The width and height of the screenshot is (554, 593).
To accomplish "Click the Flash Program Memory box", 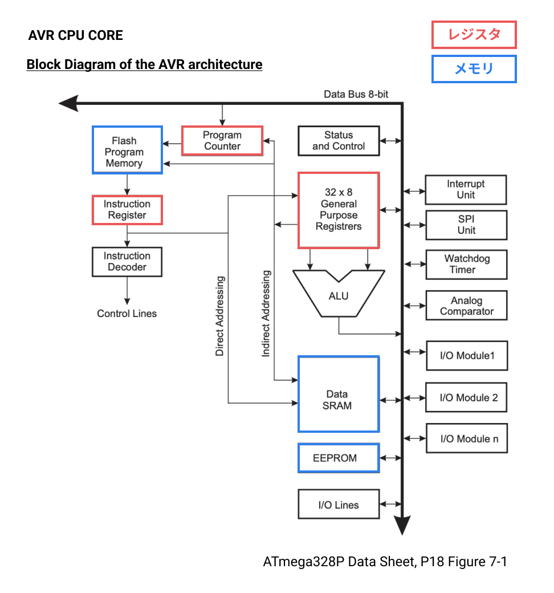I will [127, 150].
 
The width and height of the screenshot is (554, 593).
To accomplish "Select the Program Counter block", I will [222, 141].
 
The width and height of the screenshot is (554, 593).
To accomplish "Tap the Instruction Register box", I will [127, 210].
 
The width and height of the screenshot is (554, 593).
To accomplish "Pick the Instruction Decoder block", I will [127, 262].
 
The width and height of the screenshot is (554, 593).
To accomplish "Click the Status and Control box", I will [339, 141].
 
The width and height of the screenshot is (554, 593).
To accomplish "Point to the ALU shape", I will [339, 296].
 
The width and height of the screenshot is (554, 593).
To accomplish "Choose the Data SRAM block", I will [339, 395].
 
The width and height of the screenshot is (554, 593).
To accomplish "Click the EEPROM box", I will [339, 458].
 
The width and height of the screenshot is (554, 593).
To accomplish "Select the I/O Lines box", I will [339, 504].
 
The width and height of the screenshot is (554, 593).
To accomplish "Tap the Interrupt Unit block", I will [466, 190].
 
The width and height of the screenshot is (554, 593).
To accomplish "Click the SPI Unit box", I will [466, 225].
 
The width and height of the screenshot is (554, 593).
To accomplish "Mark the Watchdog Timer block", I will [466, 265].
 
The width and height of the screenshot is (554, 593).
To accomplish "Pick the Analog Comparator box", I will [466, 306].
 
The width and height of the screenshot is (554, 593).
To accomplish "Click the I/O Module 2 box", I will [466, 397].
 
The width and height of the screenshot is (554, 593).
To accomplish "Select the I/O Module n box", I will [466, 438].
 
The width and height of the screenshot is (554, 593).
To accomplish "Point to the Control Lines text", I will [127, 314].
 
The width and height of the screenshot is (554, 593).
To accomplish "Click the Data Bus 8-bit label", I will [356, 94].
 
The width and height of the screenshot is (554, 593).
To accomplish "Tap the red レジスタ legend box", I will [474, 35].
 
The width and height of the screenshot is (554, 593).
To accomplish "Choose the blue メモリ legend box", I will [474, 69].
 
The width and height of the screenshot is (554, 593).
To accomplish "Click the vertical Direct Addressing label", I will [219, 316].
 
